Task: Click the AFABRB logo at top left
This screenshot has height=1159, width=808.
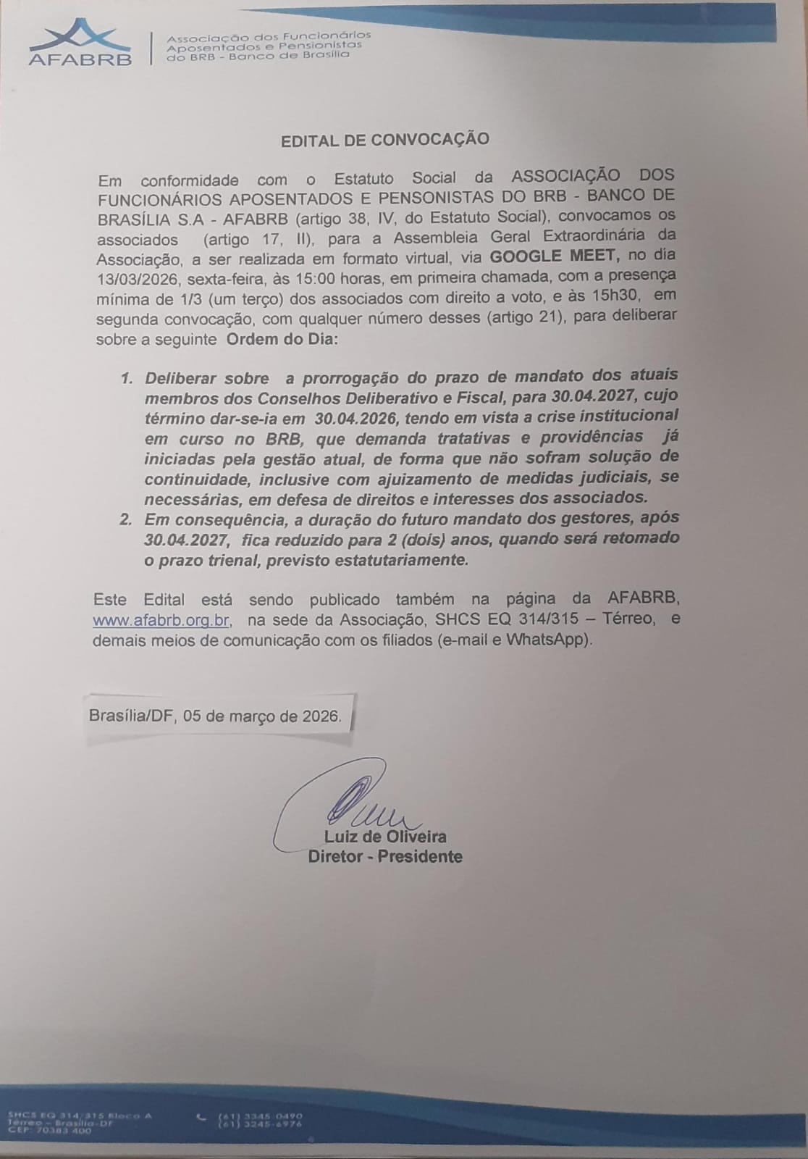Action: (x=80, y=44)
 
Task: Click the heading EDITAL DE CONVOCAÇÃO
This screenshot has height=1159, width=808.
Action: (x=384, y=140)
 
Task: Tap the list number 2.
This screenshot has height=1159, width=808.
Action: (x=126, y=519)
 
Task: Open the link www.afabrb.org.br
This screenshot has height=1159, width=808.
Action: (x=161, y=620)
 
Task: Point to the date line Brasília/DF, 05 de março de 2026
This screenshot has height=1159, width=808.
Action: (x=215, y=716)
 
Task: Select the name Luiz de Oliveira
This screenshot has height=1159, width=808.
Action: (x=386, y=837)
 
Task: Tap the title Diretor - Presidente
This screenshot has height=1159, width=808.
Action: (x=385, y=857)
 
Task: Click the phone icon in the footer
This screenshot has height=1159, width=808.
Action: (x=201, y=1116)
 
